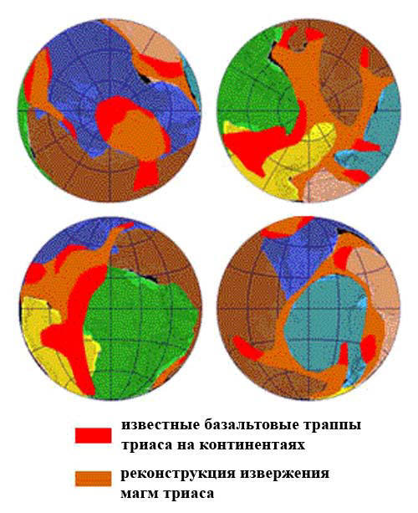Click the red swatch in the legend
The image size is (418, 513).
[x=93, y=435]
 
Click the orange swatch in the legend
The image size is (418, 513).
[x=93, y=479]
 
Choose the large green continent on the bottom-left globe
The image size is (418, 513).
[x=142, y=326]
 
